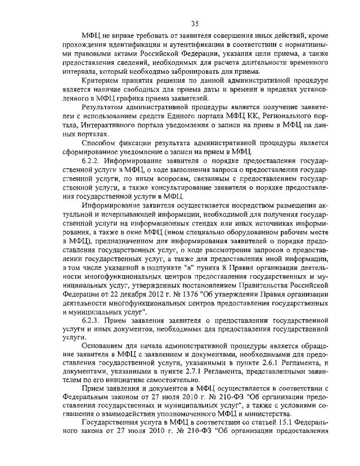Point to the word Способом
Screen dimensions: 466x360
[100, 142]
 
